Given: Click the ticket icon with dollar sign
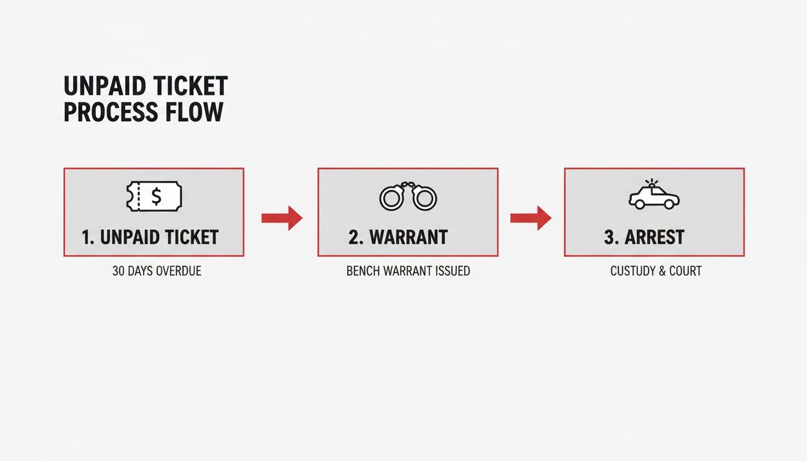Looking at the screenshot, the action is click(x=154, y=196).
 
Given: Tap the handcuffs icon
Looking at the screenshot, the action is click(x=408, y=196).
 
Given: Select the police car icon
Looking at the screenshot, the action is click(x=654, y=197).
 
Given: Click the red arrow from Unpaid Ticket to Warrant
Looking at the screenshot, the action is click(x=282, y=218).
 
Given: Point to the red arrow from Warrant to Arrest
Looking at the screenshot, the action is click(x=531, y=218).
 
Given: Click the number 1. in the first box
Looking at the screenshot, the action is click(x=88, y=237).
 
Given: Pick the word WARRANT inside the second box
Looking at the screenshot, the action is click(x=408, y=237).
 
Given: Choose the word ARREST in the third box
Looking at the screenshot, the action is click(x=654, y=237).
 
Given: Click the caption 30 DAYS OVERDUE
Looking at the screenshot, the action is click(x=157, y=271).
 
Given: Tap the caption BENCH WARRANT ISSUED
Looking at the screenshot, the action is click(x=408, y=271).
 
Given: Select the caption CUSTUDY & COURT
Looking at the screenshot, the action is click(x=656, y=271).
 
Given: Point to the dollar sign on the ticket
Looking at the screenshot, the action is click(x=156, y=196).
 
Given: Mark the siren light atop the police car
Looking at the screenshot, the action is click(x=650, y=182).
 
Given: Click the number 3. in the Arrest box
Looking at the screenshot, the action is click(x=611, y=237).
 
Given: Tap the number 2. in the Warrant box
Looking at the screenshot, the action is click(x=356, y=237).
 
